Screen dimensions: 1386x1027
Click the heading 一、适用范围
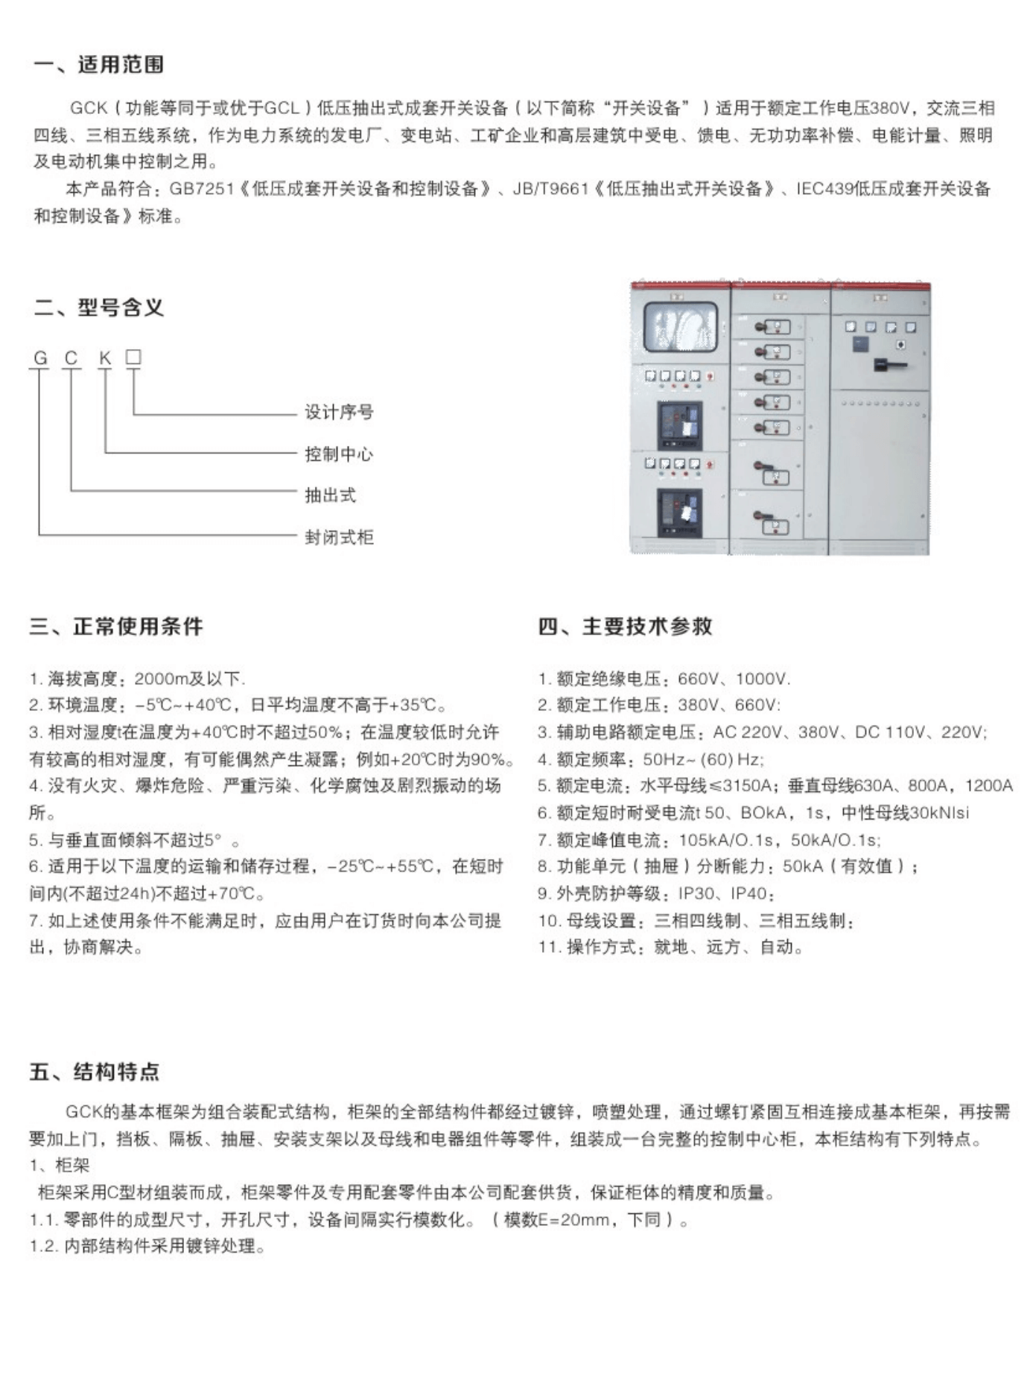98,65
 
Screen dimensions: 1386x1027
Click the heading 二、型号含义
98,307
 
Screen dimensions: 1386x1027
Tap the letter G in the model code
40,358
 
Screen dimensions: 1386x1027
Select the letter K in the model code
105,358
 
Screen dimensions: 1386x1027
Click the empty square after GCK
133,357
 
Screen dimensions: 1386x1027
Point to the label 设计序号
339,412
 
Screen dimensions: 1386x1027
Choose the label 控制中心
339,453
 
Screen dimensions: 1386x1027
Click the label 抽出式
330,495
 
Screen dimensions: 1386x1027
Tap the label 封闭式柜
339,537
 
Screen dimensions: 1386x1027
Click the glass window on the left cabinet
680,327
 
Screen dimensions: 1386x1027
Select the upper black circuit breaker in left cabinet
679,425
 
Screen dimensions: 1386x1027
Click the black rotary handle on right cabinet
889,365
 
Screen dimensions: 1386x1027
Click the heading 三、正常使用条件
116,626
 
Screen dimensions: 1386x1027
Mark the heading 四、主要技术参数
625,626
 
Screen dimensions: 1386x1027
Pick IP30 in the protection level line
696,893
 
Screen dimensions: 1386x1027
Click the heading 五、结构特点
95,1072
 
